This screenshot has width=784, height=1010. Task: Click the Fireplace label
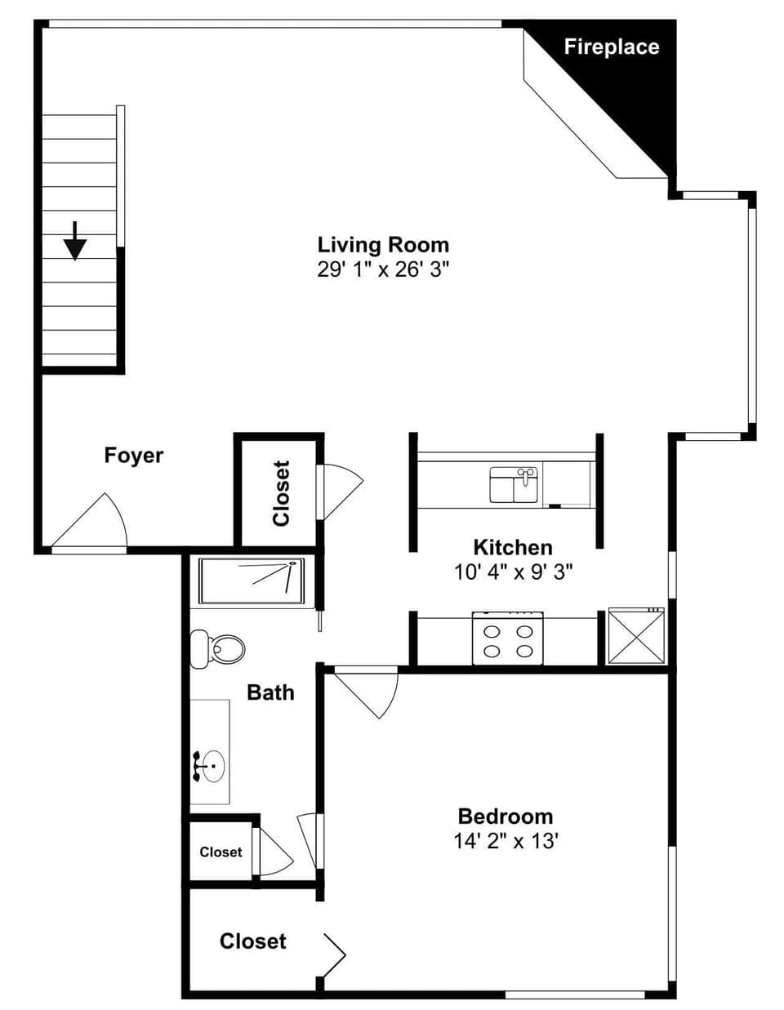click(611, 47)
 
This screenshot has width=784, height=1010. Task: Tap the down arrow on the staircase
click(75, 241)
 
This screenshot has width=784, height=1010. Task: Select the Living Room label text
click(383, 245)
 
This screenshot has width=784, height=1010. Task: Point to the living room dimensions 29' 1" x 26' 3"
click(383, 269)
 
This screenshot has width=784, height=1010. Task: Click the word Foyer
click(134, 456)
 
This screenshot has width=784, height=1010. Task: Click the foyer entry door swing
click(94, 523)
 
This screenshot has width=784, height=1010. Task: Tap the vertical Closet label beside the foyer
click(281, 494)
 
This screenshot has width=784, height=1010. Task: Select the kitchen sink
click(514, 485)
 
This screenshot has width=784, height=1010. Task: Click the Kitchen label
click(513, 547)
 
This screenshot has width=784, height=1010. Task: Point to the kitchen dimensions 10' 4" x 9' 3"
click(513, 572)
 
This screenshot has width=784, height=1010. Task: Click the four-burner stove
click(507, 640)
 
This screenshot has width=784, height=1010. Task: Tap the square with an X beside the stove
click(635, 637)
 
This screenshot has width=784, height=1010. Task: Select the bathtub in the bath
click(252, 581)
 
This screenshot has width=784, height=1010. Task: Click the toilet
click(218, 649)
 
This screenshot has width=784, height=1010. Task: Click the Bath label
click(270, 692)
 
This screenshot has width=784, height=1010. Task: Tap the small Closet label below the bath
click(220, 852)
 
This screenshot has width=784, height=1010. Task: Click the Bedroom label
click(506, 816)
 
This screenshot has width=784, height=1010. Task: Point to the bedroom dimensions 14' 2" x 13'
click(506, 841)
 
